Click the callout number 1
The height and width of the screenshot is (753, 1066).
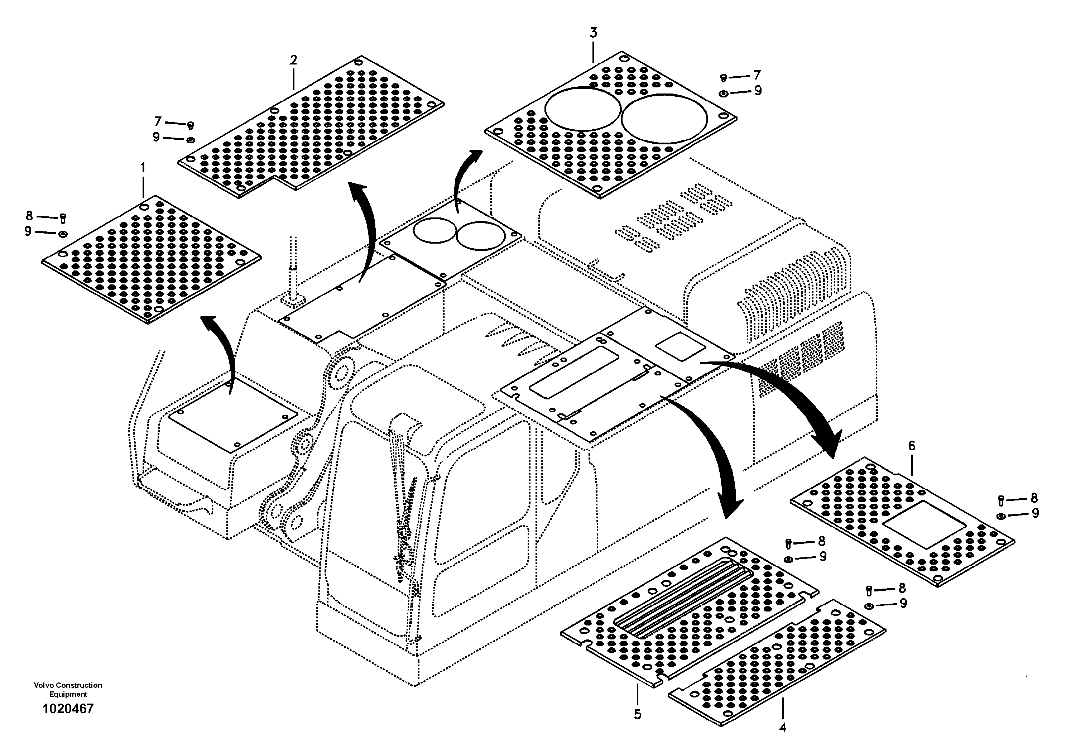pos(143,167)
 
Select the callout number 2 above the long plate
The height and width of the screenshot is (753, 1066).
pos(293,60)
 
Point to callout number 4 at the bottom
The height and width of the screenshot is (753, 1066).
pos(782,728)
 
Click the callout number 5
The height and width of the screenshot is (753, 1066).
pos(638,714)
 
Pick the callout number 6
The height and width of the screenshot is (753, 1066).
pos(911,446)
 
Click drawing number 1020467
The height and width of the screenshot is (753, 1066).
pos(68,709)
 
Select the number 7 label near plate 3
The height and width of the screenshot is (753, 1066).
pos(757,75)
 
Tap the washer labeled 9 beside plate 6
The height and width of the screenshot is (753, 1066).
pos(1001,516)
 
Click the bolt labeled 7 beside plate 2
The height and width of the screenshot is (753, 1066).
pos(190,125)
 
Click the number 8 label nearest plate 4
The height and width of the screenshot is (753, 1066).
pos(902,588)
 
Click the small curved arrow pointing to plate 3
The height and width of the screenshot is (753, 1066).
pos(464,176)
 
